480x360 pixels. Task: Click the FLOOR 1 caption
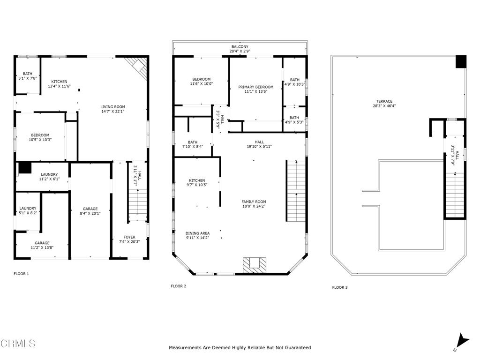coord(21,273)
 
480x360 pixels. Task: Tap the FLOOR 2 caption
coord(179,286)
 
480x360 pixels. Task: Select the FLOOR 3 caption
coord(340,287)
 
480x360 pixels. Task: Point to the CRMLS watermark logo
coord(18,344)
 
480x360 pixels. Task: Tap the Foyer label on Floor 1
coord(129,237)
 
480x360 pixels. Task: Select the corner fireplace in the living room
coord(138,67)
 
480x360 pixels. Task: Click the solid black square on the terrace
coord(461,61)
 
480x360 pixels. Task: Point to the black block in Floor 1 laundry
coord(24,167)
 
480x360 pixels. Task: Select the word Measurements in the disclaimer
coord(186,348)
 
